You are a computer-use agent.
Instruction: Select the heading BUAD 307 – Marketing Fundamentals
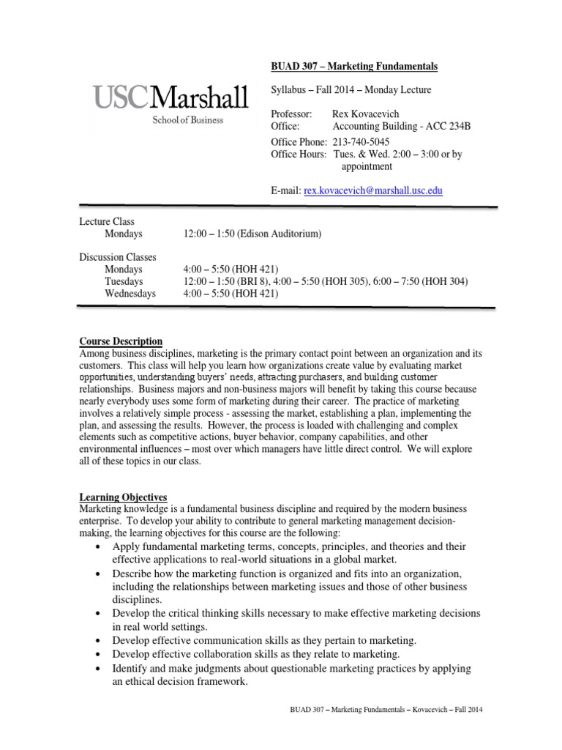tap(354, 67)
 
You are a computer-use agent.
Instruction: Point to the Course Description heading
tap(121, 341)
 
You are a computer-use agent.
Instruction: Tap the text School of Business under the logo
tap(188, 119)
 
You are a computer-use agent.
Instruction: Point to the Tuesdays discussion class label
tap(124, 282)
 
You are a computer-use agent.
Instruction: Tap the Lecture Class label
tap(107, 222)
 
